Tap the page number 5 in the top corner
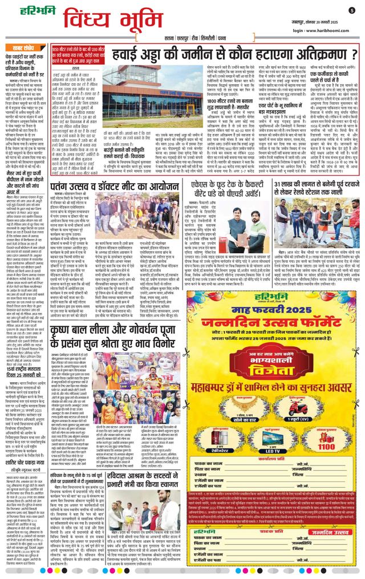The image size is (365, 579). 352,10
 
